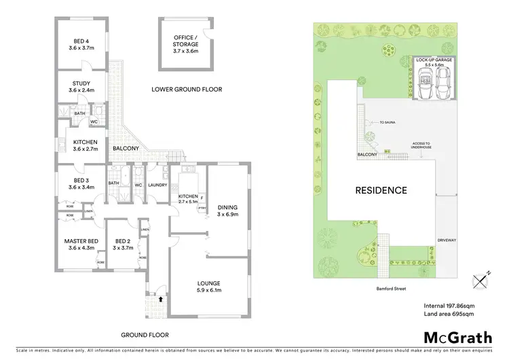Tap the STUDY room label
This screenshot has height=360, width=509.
(x=81, y=86)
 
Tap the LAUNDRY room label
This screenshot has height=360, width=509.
(x=157, y=184)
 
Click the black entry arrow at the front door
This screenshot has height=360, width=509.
(x=160, y=298)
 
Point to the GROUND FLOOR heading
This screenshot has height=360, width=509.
(x=145, y=335)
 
